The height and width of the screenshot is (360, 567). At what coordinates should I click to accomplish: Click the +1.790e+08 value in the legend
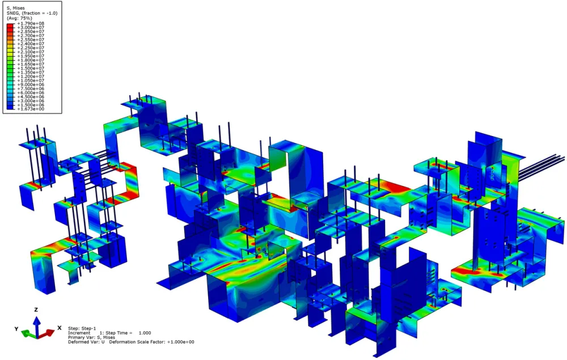click(31, 23)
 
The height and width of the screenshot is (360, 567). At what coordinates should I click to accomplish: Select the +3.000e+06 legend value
click(31, 101)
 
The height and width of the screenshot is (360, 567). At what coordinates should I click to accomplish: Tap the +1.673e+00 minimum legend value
click(31, 109)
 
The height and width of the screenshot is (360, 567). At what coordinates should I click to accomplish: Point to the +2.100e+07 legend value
click(31, 52)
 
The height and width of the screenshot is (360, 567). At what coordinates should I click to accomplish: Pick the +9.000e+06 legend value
click(31, 84)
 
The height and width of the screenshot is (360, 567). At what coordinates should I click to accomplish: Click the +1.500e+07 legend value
click(31, 68)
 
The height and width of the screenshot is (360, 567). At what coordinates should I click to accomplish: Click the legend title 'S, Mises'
click(15, 8)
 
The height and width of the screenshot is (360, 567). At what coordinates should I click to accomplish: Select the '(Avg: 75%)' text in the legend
click(19, 18)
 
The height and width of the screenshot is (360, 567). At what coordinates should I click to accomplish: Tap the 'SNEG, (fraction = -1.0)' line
click(32, 13)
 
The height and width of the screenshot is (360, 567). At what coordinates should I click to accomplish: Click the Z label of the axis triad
click(36, 310)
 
